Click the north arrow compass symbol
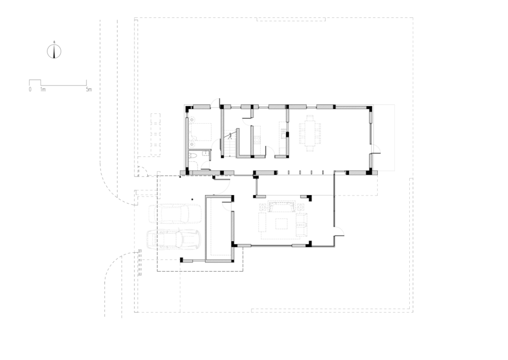(55, 51)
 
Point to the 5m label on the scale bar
(89, 89)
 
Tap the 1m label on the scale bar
(42, 89)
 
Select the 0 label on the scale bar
(30, 89)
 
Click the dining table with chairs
(310, 133)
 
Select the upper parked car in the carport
(168, 214)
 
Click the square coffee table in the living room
(282, 223)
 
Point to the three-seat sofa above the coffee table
(282, 207)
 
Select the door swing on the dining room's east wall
(376, 149)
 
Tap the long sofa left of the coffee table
(262, 223)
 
